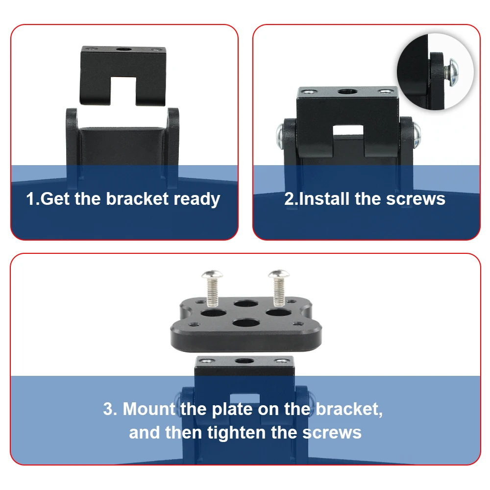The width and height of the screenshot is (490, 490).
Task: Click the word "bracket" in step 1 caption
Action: click(x=137, y=199)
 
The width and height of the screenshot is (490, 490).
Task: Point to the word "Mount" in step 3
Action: click(x=149, y=409)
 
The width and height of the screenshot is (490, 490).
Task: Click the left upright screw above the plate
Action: click(x=212, y=288)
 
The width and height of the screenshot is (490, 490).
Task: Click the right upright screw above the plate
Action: click(x=279, y=288)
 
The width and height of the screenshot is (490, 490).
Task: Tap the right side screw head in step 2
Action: click(x=416, y=134)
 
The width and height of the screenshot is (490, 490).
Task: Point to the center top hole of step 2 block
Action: click(x=347, y=92)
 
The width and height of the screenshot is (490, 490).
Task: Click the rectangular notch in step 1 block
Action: click(x=123, y=90)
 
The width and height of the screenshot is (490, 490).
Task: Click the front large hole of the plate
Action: click(x=247, y=323)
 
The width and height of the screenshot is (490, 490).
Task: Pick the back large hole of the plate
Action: click(x=246, y=303)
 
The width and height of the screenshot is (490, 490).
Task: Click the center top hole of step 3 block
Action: click(x=245, y=361)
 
